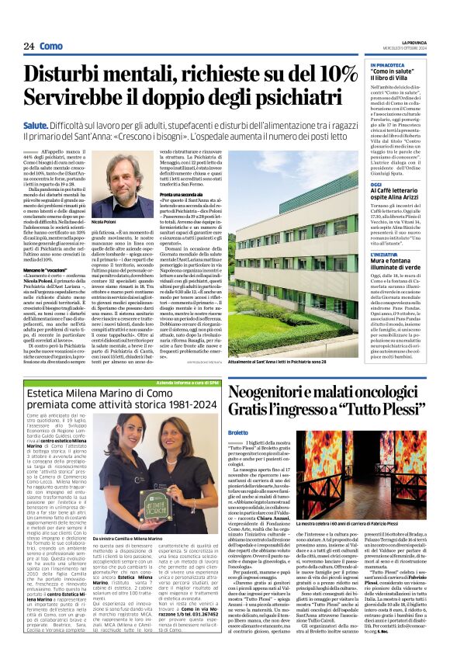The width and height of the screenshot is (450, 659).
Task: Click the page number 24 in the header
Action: coord(29,47)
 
